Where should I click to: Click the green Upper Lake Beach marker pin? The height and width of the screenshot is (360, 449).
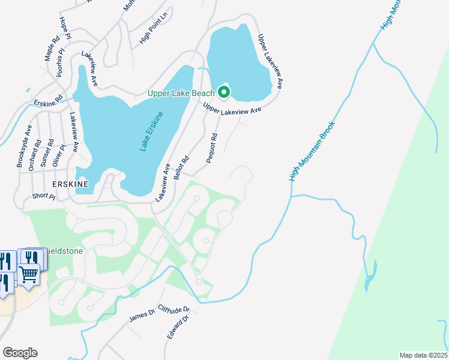click(x=224, y=92)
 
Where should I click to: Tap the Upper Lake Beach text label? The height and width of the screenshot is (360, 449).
click(x=181, y=93)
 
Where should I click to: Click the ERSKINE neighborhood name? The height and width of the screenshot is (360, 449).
click(x=70, y=184)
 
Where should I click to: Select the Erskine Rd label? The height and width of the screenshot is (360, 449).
click(x=48, y=102)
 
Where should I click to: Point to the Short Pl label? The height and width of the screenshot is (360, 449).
click(x=43, y=196)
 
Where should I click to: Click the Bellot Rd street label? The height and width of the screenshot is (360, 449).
click(x=181, y=168)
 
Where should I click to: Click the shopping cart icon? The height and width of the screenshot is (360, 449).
click(x=29, y=274)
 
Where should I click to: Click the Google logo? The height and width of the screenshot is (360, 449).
click(x=20, y=352)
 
